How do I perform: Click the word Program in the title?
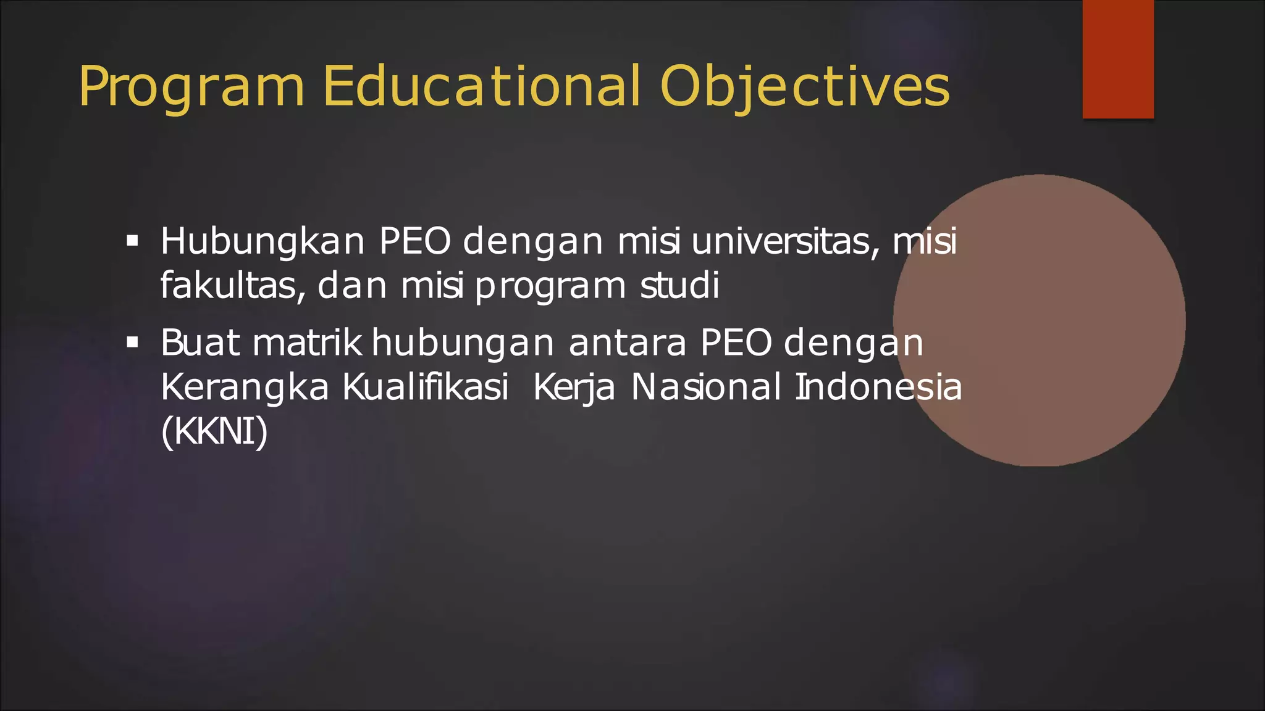click(191, 88)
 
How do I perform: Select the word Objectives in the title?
click(804, 88)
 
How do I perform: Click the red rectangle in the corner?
click(1118, 59)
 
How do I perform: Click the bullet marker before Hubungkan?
click(132, 240)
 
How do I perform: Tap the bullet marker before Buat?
click(132, 342)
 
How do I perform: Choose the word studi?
click(679, 286)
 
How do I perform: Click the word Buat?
click(200, 343)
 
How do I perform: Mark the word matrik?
click(307, 343)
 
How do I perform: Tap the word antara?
click(627, 343)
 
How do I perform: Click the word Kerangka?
click(245, 388)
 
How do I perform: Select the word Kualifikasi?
click(426, 388)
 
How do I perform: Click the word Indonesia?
click(878, 388)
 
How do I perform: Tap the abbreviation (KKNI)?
click(214, 431)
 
